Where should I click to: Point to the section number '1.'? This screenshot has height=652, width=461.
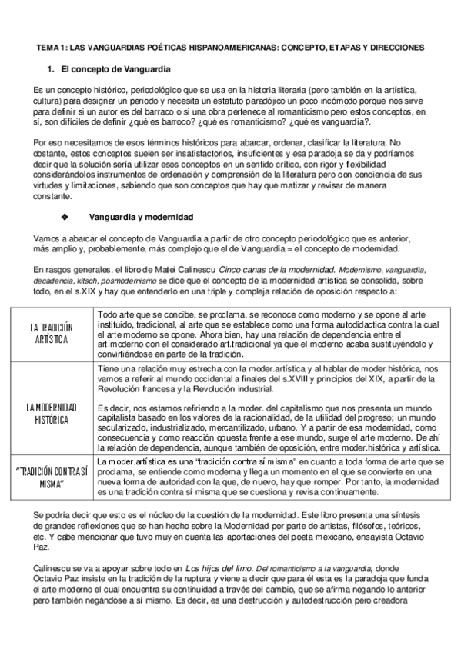pos(51,70)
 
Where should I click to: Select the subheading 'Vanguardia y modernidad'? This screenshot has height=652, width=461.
pos(141,217)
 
